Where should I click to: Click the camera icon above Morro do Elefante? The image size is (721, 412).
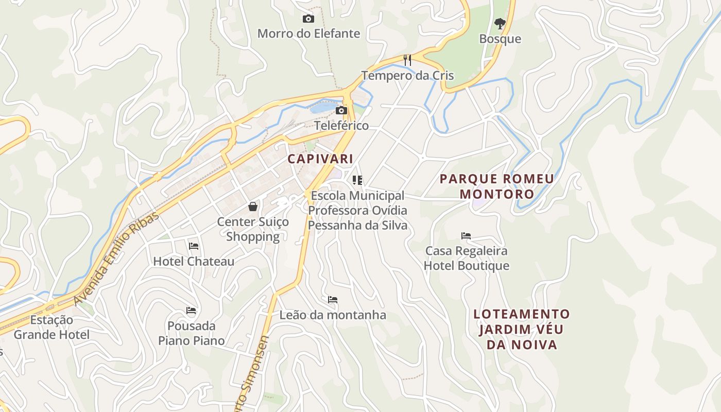[308, 19]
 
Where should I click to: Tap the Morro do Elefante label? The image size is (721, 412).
[308, 34]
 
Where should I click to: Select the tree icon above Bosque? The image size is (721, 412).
[500, 23]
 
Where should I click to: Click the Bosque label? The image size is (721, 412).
[500, 39]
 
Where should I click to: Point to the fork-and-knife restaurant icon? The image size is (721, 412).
[407, 60]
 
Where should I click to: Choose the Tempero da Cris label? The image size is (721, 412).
[407, 76]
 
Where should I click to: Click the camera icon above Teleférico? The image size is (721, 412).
[341, 110]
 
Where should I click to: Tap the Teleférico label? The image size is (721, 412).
[341, 126]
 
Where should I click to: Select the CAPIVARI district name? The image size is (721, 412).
[320, 159]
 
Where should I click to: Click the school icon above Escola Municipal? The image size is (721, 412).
[357, 180]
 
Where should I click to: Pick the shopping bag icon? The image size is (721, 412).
[253, 207]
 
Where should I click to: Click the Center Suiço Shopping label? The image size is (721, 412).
[253, 229]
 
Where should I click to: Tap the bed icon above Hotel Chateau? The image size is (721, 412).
[194, 246]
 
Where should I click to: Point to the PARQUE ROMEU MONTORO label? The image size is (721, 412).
[497, 186]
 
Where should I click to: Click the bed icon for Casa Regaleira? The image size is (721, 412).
[466, 236]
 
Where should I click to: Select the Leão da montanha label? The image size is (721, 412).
[333, 315]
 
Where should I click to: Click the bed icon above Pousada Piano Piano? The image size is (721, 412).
[191, 311]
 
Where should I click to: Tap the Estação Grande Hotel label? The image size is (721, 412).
[51, 328]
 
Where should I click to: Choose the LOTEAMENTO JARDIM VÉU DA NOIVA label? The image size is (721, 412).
[522, 330]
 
